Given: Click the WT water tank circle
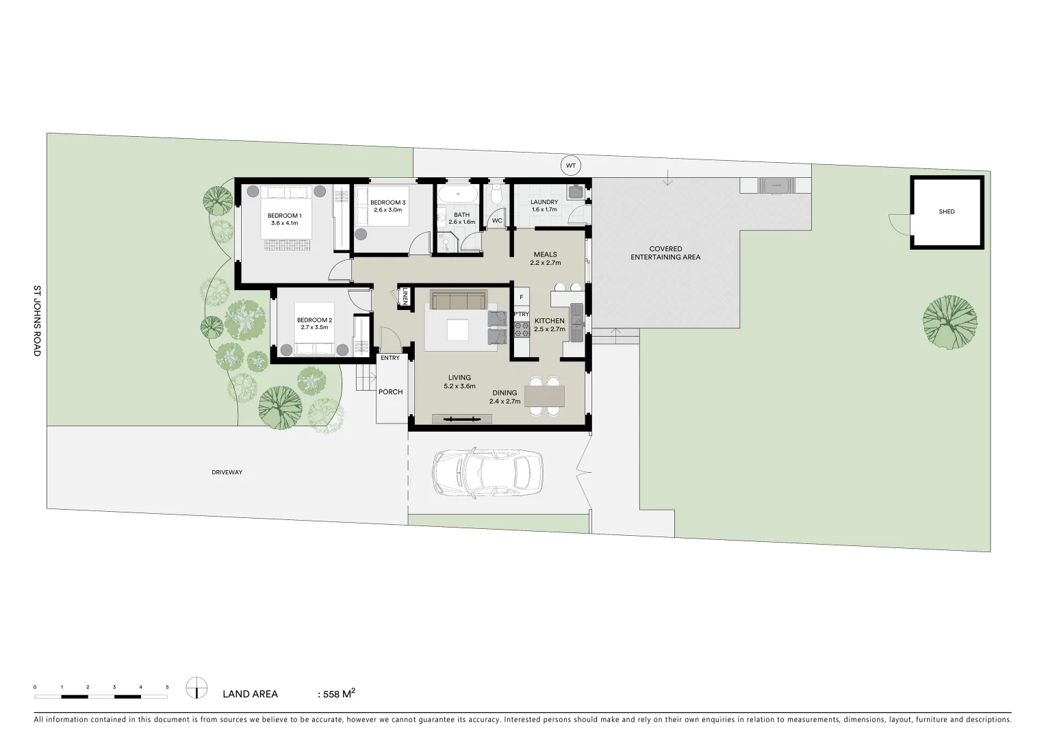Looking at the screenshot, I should tap(570, 166).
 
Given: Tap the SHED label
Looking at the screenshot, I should tap(946, 212).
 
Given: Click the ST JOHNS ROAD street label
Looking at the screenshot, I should tap(38, 320).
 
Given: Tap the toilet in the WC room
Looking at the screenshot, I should tap(497, 196).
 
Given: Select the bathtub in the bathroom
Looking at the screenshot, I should tap(457, 194).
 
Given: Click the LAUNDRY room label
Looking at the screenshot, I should tap(544, 203).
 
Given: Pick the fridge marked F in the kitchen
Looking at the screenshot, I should tap(522, 297).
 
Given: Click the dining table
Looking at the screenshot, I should tap(544, 396).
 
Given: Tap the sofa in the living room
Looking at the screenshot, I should tap(458, 300).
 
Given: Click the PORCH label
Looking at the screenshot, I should tap(390, 392).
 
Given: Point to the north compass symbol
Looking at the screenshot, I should tap(196, 688).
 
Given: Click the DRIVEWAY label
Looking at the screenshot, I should tap(227, 472).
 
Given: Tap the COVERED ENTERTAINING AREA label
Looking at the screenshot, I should tap(665, 253).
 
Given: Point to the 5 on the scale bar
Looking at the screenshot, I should tap(167, 686).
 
